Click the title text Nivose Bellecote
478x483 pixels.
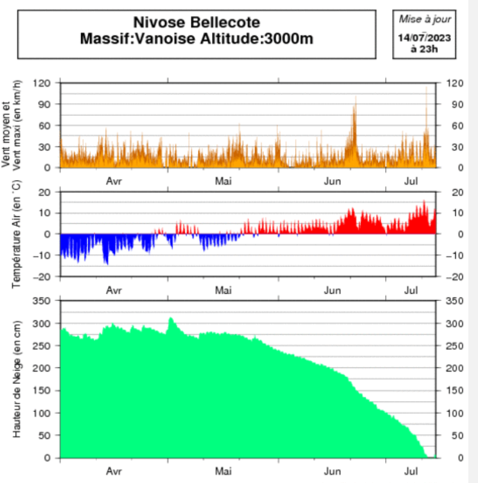(197, 24)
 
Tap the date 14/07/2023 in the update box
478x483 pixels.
(423, 37)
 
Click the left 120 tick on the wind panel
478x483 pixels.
(43, 83)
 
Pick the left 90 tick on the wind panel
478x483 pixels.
(46, 104)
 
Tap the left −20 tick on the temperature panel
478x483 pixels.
(43, 276)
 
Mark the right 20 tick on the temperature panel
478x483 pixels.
(455, 192)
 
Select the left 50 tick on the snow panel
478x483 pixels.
(46, 435)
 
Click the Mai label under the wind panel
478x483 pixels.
(222, 182)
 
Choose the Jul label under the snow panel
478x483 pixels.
(411, 471)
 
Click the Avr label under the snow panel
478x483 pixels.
(114, 471)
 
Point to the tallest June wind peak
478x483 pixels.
(355, 98)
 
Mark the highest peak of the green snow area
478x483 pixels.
(171, 317)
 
